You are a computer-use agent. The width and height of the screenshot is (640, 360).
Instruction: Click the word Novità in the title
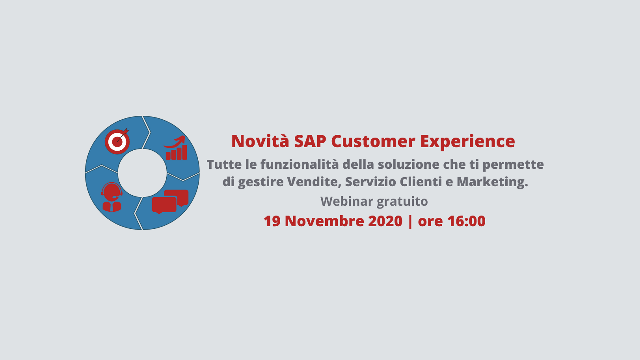point(260,141)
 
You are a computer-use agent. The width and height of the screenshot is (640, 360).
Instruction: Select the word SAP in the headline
point(310,141)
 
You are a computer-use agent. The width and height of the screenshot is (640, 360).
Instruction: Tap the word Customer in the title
point(373,141)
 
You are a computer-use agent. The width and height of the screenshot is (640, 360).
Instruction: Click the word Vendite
point(314,182)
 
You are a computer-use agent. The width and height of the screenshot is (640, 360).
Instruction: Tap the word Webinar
point(347,201)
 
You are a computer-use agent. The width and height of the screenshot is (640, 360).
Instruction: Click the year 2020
point(385,221)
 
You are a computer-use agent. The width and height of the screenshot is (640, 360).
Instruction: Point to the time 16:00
point(466,221)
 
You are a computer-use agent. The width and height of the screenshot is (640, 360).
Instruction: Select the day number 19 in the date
point(272,221)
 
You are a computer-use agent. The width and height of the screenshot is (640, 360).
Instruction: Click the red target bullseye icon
point(117,141)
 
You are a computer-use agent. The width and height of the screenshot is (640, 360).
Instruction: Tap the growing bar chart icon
point(176,148)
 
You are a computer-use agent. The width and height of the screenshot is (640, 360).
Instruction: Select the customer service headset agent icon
point(112,197)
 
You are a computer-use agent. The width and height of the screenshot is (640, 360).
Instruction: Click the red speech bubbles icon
point(170,201)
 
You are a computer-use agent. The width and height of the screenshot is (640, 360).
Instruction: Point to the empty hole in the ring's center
point(142,173)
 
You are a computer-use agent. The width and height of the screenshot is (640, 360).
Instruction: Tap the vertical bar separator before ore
point(410,221)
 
